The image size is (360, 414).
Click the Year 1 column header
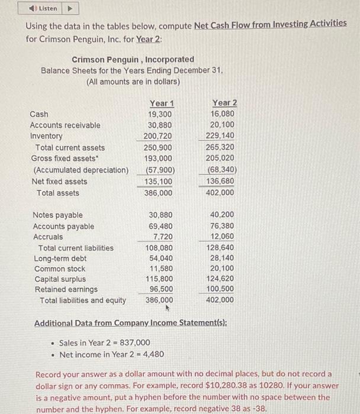pyautogui.click(x=161, y=103)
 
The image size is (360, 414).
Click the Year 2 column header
pyautogui.click(x=224, y=103)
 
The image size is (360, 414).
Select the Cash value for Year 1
pyautogui.click(x=161, y=114)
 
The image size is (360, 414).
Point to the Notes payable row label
pyautogui.click(x=57, y=215)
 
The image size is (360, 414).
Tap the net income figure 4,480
pyautogui.click(x=153, y=354)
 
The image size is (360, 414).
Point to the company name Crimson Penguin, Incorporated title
pyautogui.click(x=133, y=59)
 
